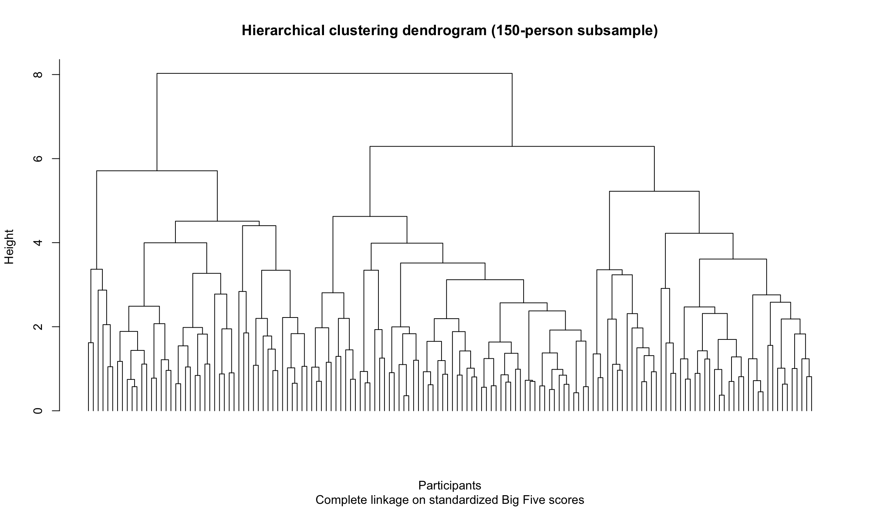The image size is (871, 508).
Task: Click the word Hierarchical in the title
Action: pos(283,31)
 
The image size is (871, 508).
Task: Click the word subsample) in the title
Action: pos(617,31)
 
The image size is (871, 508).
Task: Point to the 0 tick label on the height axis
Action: pos(38,411)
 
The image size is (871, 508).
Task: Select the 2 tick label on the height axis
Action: pos(38,327)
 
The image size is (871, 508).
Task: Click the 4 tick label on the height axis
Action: pos(38,243)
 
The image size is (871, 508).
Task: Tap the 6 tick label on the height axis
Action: pos(38,159)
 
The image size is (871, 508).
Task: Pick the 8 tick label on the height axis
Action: pos(38,74)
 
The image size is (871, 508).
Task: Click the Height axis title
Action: pos(9,246)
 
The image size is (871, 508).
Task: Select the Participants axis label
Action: pos(449,485)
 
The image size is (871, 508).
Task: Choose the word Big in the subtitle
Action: pos(510,500)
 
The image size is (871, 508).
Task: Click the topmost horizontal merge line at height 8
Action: pos(335,73)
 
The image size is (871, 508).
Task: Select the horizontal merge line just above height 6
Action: pos(512,146)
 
